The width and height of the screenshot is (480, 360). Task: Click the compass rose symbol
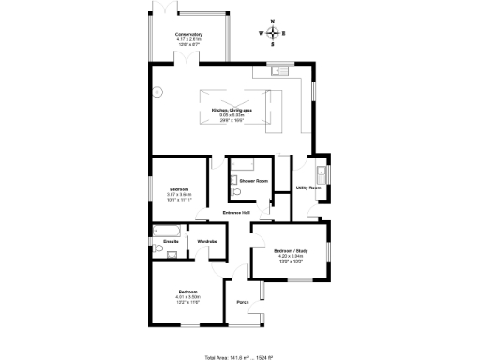[x=273, y=33]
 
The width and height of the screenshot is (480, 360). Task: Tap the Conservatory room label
[x=188, y=35]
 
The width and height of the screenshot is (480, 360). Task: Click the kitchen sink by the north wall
[x=277, y=70]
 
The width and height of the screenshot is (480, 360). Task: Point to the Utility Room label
[x=308, y=188]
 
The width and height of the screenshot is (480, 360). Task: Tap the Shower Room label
[x=253, y=180]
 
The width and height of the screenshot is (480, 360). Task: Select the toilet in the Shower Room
[x=237, y=191]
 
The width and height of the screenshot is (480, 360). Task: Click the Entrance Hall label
[x=235, y=213]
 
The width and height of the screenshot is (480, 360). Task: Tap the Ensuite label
[x=171, y=242]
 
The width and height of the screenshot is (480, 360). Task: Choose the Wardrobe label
[x=207, y=242]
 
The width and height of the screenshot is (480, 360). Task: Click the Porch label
[x=242, y=302]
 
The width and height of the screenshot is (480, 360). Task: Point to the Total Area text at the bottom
[x=239, y=355]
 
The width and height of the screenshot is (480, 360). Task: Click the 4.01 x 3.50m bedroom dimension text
[x=190, y=297]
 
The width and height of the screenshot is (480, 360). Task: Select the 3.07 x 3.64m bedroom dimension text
[x=178, y=194]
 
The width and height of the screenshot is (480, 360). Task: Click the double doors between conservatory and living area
[x=190, y=60]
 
